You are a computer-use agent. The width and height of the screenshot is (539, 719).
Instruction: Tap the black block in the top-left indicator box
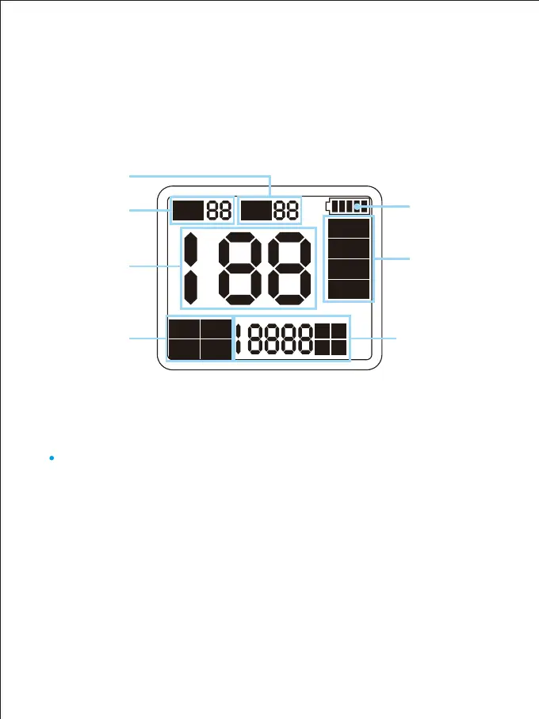click(x=189, y=210)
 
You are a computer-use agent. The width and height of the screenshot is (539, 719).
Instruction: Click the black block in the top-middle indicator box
click(x=256, y=210)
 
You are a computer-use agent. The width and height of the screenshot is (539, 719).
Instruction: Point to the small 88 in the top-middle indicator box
click(x=287, y=210)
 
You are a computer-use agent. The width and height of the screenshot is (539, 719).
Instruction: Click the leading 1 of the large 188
click(x=192, y=268)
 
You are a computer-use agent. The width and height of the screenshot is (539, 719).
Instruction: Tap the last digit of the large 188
click(x=287, y=268)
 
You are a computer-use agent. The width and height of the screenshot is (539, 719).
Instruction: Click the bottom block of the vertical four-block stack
click(x=349, y=289)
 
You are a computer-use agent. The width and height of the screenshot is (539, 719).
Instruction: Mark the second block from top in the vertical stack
click(x=349, y=248)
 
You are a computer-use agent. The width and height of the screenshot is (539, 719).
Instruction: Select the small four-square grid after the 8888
click(x=331, y=339)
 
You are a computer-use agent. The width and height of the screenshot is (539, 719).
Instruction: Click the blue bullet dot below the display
click(x=51, y=457)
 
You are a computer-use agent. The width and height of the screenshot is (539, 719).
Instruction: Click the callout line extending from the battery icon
click(x=388, y=208)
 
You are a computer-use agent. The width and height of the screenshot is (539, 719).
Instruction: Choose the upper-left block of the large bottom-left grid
click(x=183, y=330)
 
